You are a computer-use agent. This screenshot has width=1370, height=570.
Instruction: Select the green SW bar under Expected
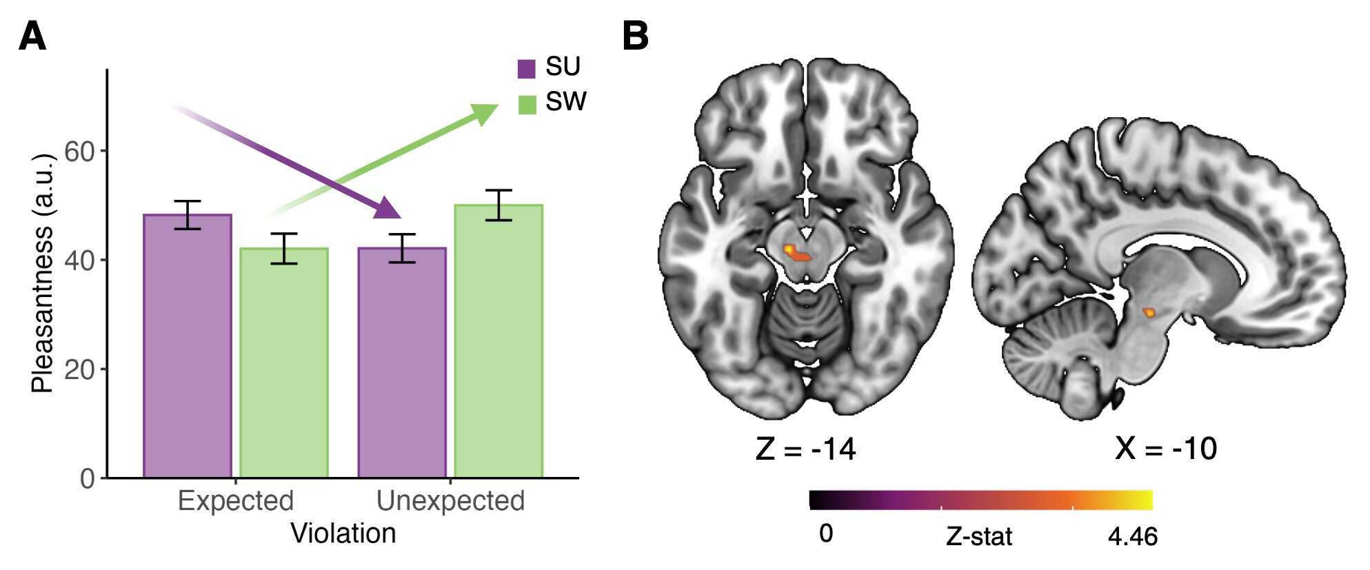click(x=283, y=363)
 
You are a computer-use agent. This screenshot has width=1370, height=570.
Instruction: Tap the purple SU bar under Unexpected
click(x=402, y=363)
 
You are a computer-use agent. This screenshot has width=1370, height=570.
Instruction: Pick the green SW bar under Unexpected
click(x=498, y=341)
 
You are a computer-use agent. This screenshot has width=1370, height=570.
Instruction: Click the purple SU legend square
click(x=527, y=69)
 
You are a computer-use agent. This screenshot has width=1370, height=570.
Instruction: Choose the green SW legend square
click(x=527, y=105)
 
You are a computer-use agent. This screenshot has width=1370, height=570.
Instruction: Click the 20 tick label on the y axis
click(x=79, y=369)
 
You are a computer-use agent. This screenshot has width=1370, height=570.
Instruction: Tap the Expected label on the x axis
click(x=236, y=500)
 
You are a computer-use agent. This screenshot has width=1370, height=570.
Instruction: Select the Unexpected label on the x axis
click(x=450, y=500)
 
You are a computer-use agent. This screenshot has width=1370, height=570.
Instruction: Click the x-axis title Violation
click(x=343, y=533)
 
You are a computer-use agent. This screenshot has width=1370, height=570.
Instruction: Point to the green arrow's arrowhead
click(x=484, y=113)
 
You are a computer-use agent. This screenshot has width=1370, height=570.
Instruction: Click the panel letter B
click(x=635, y=36)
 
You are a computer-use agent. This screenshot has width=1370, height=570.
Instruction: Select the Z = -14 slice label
click(x=805, y=449)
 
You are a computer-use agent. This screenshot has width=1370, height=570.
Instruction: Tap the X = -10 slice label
click(x=1166, y=449)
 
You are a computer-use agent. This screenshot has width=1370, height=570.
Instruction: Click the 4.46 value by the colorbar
click(x=1132, y=536)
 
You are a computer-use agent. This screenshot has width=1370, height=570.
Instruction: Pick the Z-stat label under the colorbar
click(x=978, y=536)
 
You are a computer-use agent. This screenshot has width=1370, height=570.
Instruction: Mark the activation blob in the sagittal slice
click(x=1149, y=312)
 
